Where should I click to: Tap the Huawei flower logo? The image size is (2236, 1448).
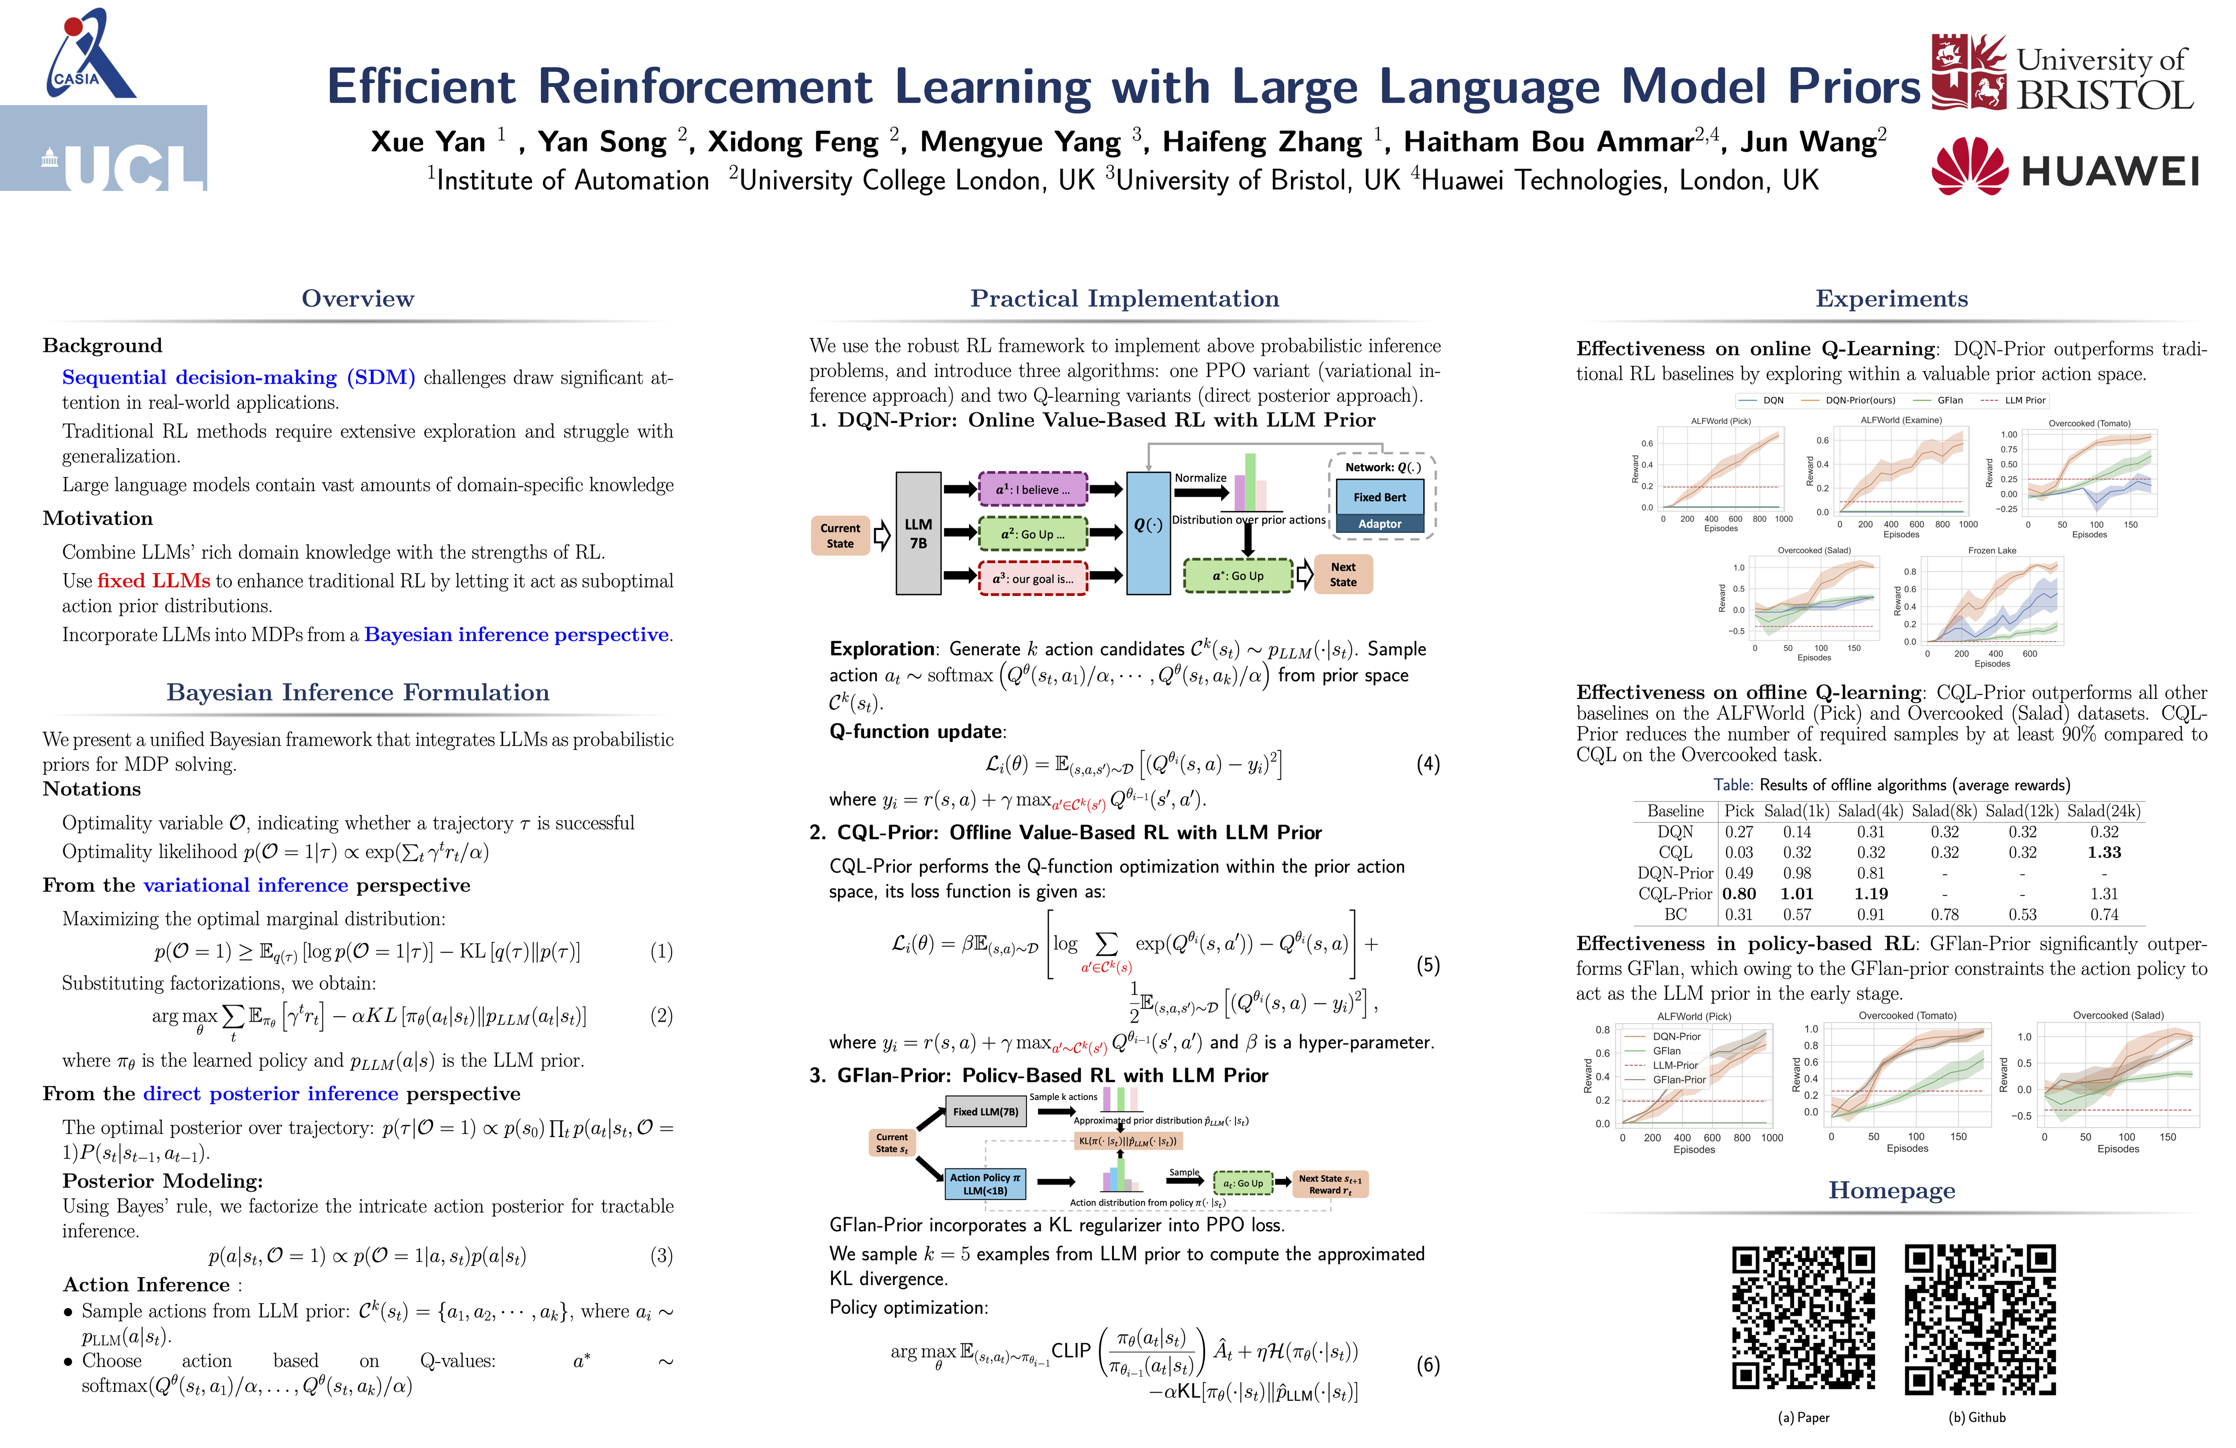pos(1969,167)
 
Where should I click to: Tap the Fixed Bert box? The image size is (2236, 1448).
pos(1379,497)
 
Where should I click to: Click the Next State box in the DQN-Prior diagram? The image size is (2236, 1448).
pos(1343,574)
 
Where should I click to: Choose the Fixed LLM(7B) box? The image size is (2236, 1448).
pos(985,1112)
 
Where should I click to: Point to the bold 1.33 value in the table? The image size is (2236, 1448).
pos(2104,852)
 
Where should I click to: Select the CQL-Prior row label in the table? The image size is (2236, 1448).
pos(1674,893)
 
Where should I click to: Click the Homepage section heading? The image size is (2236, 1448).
pos(1891,1191)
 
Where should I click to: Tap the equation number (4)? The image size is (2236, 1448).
pos(1427,764)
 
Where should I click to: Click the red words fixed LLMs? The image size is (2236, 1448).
pos(153,581)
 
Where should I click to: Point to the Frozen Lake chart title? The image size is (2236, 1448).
pos(1992,551)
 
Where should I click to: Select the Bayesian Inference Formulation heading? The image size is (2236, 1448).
pos(358,692)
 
